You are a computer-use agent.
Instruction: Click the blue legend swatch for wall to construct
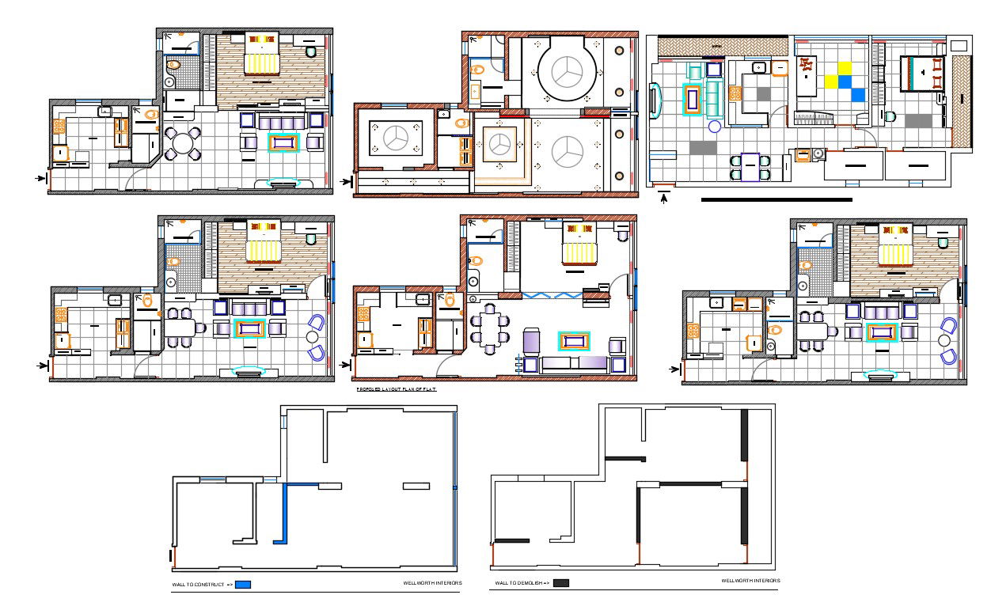point(243,585)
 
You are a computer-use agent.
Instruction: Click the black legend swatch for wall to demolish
point(560,583)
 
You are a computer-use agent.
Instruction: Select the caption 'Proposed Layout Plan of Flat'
point(396,389)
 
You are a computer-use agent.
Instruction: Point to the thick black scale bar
point(776,199)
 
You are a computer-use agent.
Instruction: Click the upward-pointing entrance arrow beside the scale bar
point(664,197)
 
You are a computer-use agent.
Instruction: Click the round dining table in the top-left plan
point(184,144)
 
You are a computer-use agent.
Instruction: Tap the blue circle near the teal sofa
point(715,126)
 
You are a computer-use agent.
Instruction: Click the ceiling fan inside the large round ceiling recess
point(567,74)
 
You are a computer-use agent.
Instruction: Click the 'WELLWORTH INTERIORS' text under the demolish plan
point(750,581)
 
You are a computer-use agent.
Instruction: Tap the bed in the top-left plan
point(262,55)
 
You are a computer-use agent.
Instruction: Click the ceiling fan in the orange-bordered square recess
point(497,145)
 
